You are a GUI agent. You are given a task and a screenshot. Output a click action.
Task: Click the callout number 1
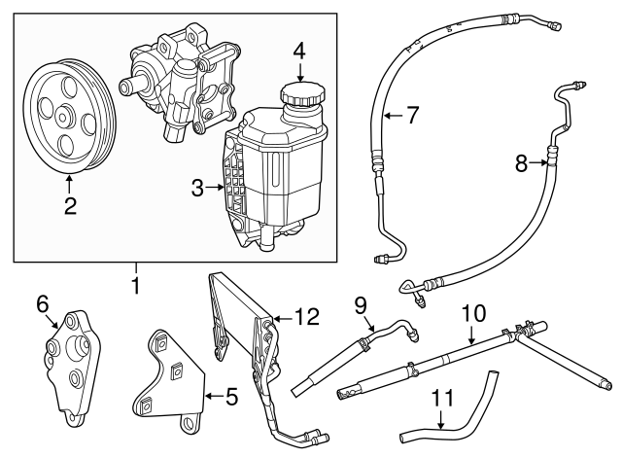136,287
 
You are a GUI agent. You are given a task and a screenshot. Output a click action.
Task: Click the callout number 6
43,304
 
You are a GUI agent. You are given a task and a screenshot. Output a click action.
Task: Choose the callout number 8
522,164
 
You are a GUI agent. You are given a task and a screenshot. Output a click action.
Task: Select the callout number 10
472,313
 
